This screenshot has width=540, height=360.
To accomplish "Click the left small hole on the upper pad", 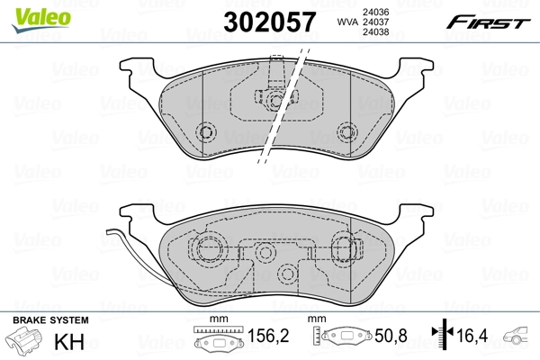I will click(206, 134).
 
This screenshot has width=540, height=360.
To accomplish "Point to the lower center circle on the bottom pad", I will click(287, 274).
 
